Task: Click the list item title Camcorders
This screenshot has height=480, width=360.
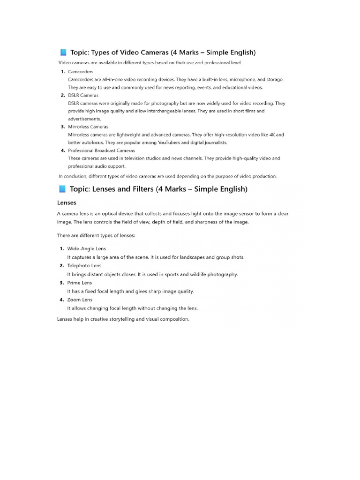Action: click(81, 72)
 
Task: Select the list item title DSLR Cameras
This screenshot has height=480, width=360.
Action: click(83, 95)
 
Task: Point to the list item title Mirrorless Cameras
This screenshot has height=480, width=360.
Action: click(88, 127)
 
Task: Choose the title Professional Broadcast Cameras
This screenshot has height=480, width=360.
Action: click(101, 150)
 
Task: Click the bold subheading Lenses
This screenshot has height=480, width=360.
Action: click(67, 202)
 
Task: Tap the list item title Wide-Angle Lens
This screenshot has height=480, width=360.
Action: click(87, 248)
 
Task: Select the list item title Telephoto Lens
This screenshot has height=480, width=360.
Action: click(84, 266)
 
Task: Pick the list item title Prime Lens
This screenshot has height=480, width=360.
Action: click(80, 283)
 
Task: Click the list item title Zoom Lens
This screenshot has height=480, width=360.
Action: click(80, 300)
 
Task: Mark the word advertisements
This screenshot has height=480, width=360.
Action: click(84, 119)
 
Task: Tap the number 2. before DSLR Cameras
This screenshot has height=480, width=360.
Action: click(62, 95)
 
